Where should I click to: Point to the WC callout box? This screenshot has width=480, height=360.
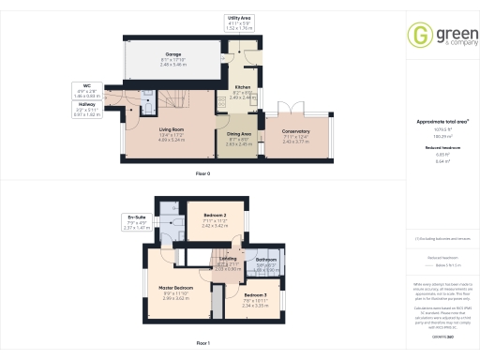(x=86, y=91)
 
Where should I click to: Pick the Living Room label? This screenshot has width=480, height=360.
(x=171, y=134)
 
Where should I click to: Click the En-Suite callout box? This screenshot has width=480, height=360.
(x=137, y=223)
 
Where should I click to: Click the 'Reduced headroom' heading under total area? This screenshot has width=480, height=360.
(x=440, y=148)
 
